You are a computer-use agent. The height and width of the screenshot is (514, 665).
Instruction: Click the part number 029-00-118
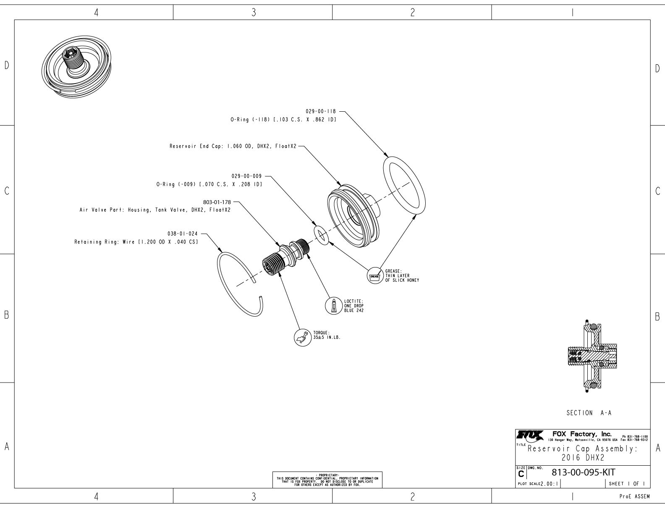321,111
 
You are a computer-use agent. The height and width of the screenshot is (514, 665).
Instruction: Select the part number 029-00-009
246,176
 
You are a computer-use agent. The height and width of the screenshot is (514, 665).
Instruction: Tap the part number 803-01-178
217,202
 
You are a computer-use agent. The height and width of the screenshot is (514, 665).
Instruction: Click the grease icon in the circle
374,276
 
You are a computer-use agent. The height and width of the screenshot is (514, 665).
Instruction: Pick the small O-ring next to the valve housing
322,235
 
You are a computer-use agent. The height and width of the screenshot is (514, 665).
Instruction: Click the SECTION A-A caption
589,413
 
